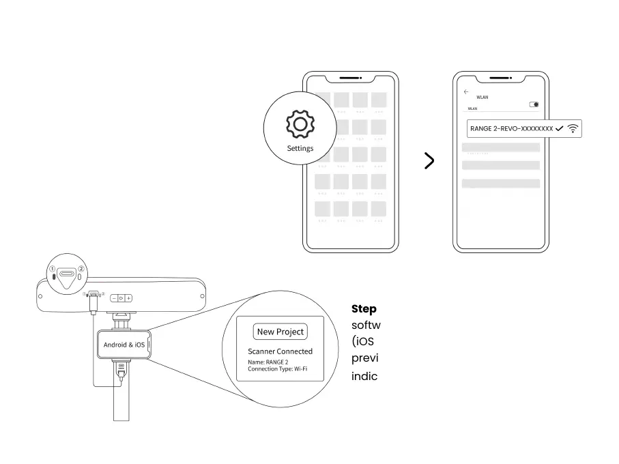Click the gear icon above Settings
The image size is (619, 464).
pos(300,125)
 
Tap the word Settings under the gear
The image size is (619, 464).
pos(300,148)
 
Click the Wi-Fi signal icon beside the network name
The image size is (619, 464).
pos(573,128)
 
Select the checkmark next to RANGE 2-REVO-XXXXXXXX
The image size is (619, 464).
pos(560,128)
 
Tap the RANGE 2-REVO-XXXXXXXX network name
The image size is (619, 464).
pos(511,128)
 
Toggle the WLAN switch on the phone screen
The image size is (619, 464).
pos(534,104)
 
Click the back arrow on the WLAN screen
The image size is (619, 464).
pos(466,91)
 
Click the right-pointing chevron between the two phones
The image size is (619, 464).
pos(429,161)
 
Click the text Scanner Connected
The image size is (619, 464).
pos(280,351)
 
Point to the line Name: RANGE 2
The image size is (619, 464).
pos(268,362)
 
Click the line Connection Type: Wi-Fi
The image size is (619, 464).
pos(278,369)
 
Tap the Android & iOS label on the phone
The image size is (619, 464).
pos(124,345)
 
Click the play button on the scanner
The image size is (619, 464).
pos(121,298)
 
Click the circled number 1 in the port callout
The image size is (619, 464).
pos(51,269)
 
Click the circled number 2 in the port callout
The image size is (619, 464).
pos(81,269)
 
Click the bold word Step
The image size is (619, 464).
pos(364,308)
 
